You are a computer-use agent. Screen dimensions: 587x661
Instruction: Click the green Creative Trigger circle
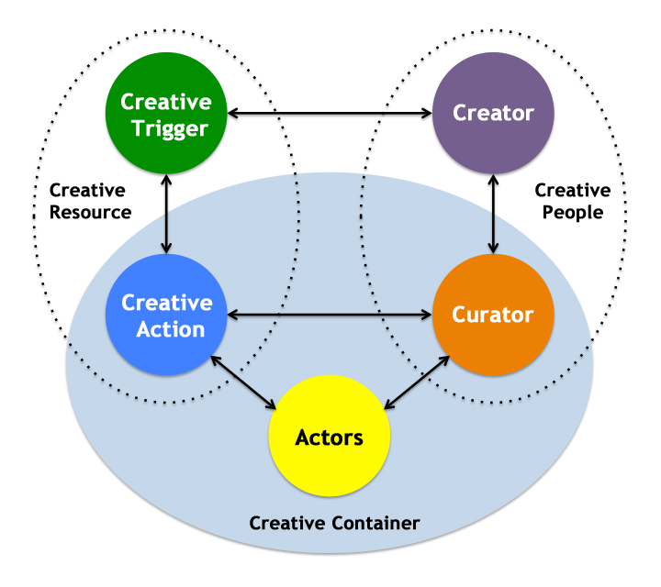[166, 115]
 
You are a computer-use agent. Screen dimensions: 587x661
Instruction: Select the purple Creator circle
[493, 114]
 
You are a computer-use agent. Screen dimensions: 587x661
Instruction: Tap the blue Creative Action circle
[166, 315]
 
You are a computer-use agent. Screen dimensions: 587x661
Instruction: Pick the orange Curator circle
[493, 315]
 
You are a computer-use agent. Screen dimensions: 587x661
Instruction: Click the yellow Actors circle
[329, 437]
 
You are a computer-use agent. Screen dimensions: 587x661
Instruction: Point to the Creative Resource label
[90, 201]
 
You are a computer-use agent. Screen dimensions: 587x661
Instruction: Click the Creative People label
[572, 201]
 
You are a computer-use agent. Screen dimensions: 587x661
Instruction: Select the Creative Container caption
[334, 523]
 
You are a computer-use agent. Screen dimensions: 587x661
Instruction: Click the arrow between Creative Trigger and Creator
[330, 114]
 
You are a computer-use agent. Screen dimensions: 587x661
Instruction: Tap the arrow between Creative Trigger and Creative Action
[166, 214]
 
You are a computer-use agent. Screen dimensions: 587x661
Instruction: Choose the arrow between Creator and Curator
[493, 214]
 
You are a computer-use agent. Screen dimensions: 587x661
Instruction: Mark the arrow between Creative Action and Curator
[330, 315]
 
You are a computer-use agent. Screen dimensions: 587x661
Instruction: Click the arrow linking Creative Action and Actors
[243, 382]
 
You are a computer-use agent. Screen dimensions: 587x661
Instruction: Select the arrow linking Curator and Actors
[416, 382]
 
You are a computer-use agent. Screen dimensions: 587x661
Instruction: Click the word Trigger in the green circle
[166, 127]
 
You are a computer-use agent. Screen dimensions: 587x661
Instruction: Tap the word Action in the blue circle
[166, 327]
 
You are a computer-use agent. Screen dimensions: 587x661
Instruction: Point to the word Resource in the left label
[90, 212]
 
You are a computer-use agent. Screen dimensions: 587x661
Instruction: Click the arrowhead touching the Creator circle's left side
[426, 114]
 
